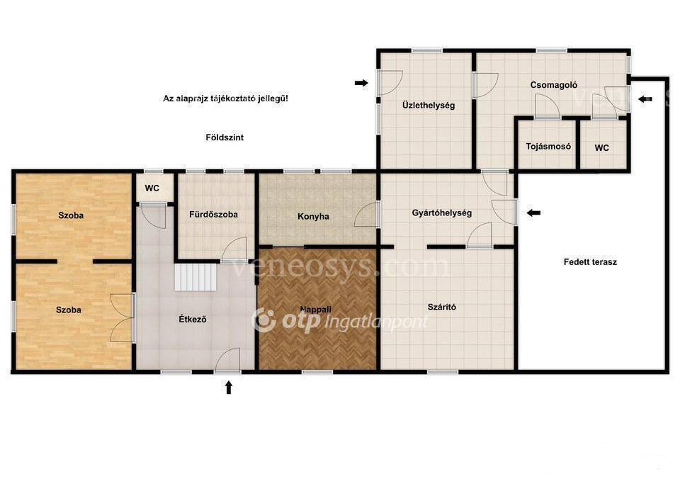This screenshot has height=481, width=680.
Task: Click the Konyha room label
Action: [313, 216]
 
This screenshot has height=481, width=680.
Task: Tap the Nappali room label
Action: [316, 310]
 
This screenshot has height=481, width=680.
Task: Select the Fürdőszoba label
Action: [213, 214]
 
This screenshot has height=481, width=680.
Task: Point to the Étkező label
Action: [193, 319]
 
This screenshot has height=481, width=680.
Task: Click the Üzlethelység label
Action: [429, 106]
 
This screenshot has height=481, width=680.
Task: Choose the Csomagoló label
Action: [554, 85]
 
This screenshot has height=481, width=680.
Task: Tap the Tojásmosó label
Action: [548, 147]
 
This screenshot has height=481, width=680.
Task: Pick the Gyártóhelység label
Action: [442, 213]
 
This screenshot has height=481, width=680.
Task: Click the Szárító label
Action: [442, 307]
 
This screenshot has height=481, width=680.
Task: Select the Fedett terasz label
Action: [590, 262]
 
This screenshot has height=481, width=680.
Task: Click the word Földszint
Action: [225, 137]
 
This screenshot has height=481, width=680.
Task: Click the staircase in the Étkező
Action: [195, 278]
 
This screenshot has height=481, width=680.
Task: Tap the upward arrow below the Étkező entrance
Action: [229, 387]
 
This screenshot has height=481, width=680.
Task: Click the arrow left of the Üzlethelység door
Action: [361, 83]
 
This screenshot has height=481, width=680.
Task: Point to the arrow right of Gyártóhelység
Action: [533, 213]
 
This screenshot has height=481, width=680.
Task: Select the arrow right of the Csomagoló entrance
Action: [645, 99]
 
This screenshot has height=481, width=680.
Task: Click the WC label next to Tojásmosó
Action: [602, 148]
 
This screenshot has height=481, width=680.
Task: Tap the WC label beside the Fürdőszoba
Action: [152, 188]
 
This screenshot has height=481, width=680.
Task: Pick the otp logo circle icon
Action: [263, 319]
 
